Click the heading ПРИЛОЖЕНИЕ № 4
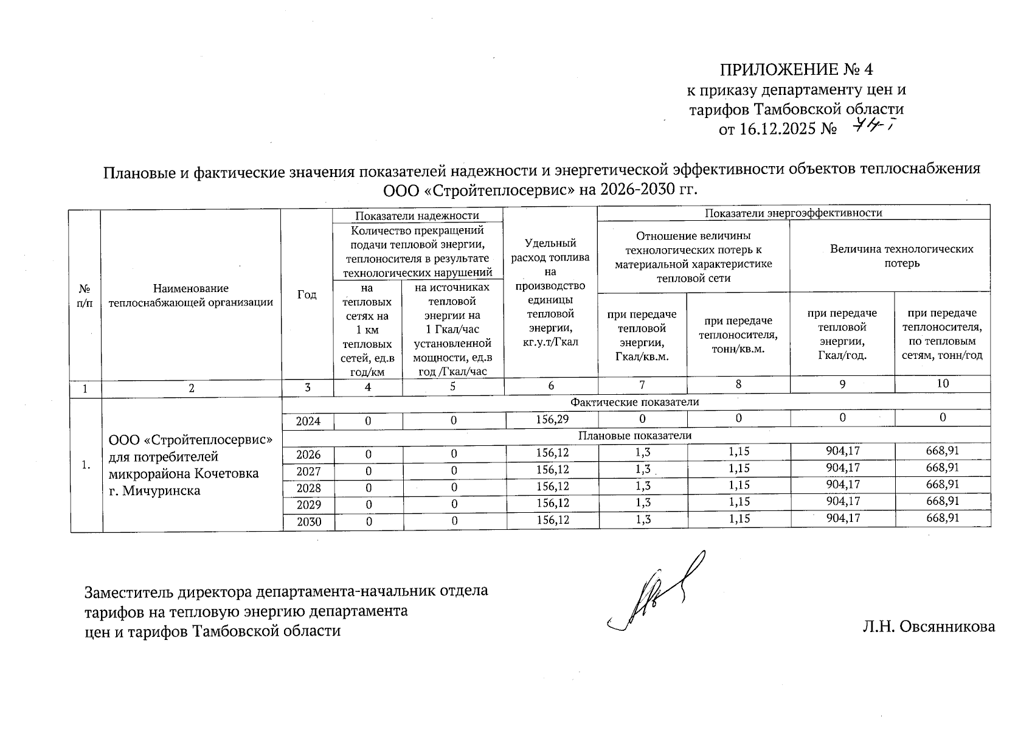point(797,68)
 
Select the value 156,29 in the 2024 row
point(552,419)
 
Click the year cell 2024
point(308,421)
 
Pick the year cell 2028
point(308,488)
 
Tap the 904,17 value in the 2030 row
point(842,518)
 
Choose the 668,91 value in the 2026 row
point(943,451)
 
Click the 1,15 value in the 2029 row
point(738,502)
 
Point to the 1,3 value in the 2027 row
point(643,468)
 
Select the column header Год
point(307,295)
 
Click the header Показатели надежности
point(417,215)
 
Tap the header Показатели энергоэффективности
point(793,213)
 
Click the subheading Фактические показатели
point(635,402)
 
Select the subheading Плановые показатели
point(635,436)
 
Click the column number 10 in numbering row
point(943,383)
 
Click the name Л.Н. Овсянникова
point(928,627)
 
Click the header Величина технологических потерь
point(902,256)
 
